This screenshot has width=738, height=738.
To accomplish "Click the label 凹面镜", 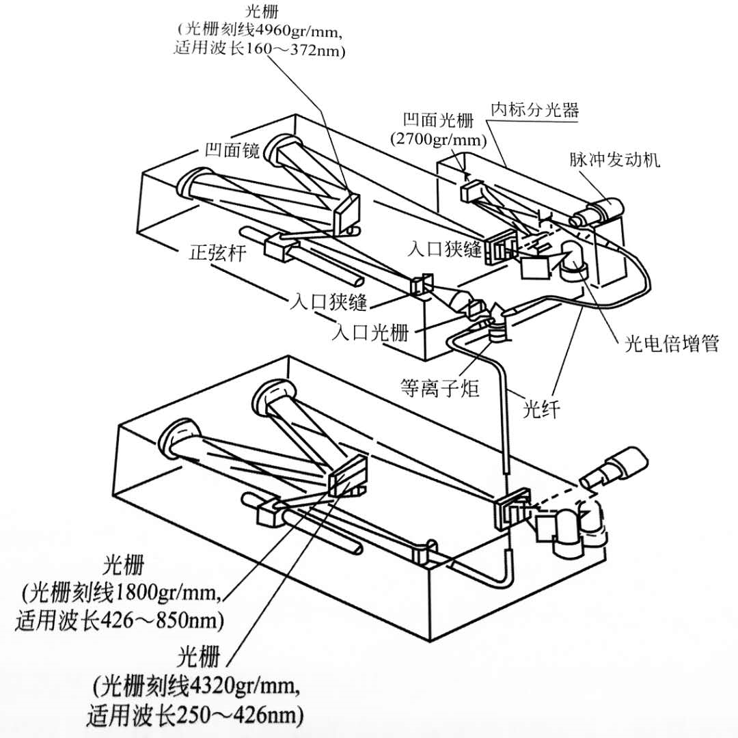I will click(x=232, y=151).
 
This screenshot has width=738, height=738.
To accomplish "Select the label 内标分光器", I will click(x=534, y=109).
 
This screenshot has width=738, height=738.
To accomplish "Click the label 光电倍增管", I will click(x=671, y=343).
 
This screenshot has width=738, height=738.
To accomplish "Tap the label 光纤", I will click(x=542, y=409).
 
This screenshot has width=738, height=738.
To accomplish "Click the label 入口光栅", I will click(x=370, y=333).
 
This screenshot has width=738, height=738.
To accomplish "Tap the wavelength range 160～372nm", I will click(x=299, y=50).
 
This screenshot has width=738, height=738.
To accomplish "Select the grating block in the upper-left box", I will click(x=346, y=213).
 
